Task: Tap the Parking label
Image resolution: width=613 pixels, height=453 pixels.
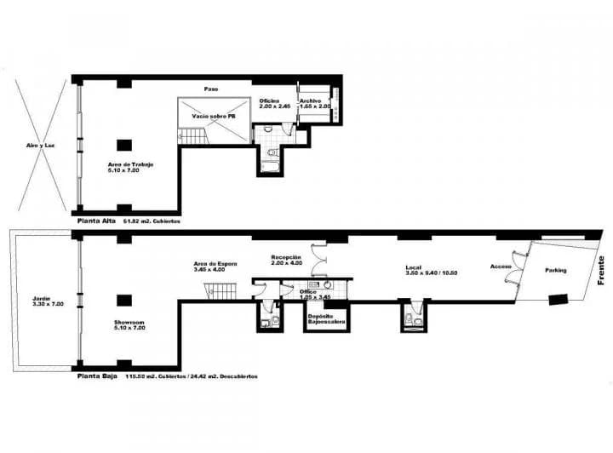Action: coord(556,271)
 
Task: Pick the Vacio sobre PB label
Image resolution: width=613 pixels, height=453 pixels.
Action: coord(213,116)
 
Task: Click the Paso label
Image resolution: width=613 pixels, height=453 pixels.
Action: coord(212,89)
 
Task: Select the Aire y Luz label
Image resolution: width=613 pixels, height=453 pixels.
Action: coord(41,145)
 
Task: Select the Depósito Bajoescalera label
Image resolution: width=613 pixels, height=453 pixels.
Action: coord(325,319)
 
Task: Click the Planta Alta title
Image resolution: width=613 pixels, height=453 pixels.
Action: coord(95,221)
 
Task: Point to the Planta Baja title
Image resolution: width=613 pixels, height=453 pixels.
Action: coord(96,376)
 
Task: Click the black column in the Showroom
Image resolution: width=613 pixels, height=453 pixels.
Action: coord(124,300)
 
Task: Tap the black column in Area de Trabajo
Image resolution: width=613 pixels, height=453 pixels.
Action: coord(124,144)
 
